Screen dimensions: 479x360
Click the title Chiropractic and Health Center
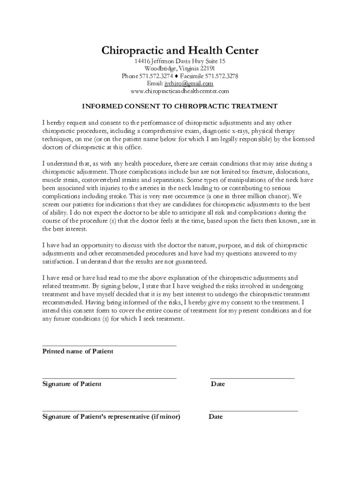click(180, 51)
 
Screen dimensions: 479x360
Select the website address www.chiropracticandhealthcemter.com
click(180, 91)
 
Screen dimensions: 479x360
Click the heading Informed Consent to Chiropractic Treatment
click(180, 106)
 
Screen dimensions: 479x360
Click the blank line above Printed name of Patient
click(109, 345)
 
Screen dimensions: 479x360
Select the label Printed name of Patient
click(78, 351)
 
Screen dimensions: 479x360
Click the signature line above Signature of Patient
click(109, 377)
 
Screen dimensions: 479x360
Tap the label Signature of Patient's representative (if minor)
click(111, 417)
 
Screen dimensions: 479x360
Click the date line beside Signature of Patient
click(252, 377)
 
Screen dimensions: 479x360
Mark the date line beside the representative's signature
click(254, 410)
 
